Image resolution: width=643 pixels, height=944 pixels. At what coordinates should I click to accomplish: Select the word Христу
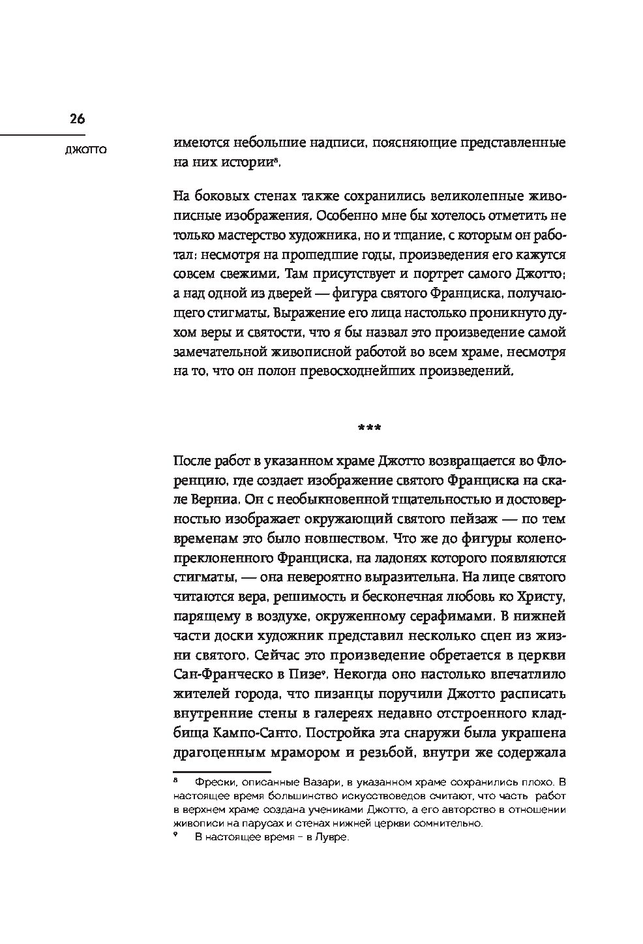[536, 596]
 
